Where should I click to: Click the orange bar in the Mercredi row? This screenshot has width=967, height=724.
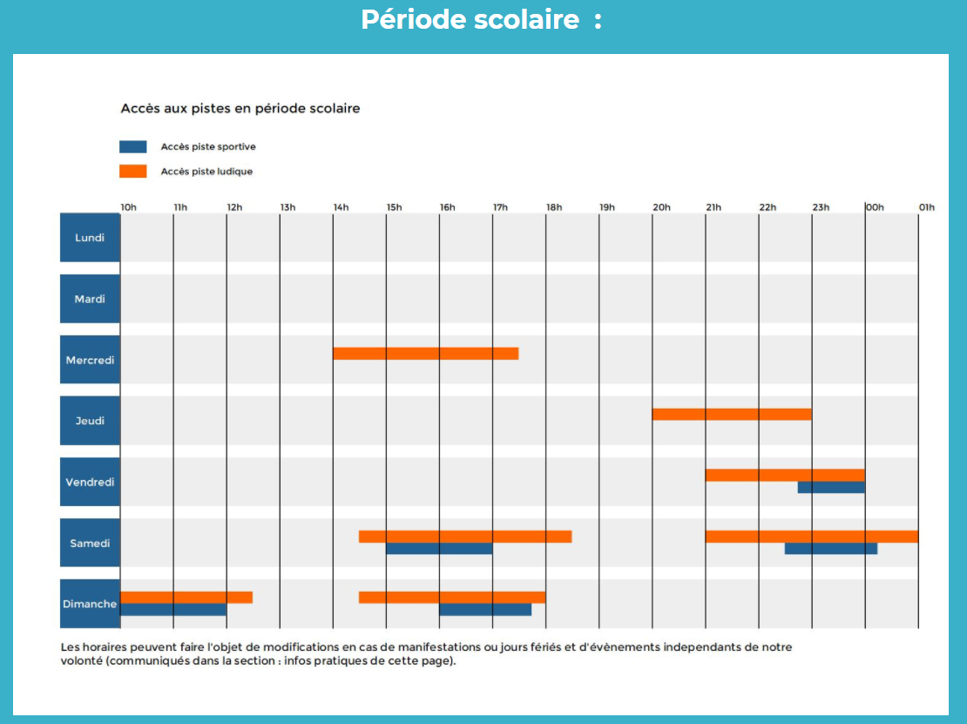(425, 354)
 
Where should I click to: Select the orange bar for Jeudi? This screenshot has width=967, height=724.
(732, 415)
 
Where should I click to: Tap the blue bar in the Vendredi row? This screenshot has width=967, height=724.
(831, 487)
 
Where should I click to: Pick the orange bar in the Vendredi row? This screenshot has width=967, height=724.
(785, 475)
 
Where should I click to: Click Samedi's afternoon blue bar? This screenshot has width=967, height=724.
(439, 548)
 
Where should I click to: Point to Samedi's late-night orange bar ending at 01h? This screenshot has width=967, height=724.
(812, 537)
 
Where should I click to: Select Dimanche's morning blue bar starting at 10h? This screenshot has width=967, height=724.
(173, 609)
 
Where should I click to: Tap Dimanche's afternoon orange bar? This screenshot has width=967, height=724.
(452, 598)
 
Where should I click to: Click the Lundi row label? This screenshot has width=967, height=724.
(90, 238)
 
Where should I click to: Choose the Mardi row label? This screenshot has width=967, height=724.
(90, 299)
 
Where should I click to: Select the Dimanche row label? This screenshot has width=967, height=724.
(90, 604)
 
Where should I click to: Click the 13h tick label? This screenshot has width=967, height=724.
(288, 207)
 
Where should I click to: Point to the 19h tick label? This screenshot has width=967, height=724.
(607, 207)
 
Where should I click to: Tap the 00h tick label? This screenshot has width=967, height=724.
(876, 207)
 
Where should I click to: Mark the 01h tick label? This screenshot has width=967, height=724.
(927, 207)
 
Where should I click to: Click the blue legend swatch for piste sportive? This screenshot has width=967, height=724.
(133, 146)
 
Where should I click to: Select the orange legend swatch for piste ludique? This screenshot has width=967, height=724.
(133, 172)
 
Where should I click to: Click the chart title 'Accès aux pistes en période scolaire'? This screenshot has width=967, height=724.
(240, 109)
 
